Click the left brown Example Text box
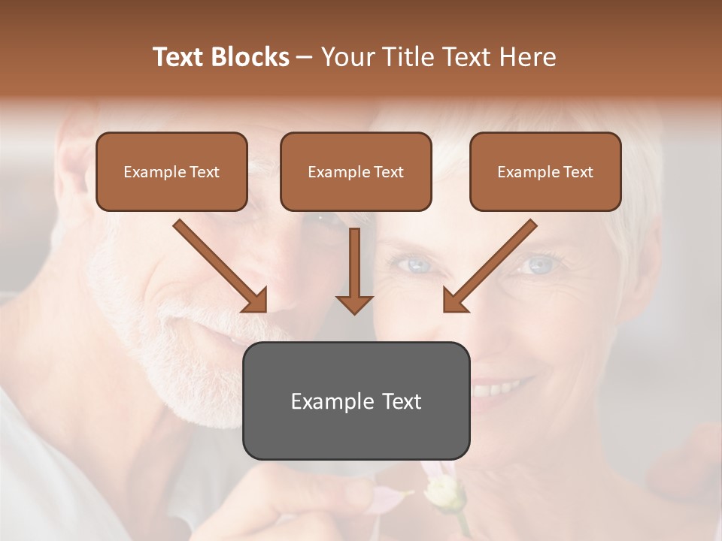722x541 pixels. click(171, 171)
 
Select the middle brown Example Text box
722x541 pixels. click(356, 171)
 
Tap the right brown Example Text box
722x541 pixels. click(545, 171)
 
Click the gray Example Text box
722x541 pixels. click(356, 400)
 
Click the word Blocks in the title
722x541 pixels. click(251, 57)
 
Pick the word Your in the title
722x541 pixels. click(347, 57)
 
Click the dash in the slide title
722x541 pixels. click(305, 57)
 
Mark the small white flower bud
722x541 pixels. click(439, 492)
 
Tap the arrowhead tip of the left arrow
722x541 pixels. click(263, 308)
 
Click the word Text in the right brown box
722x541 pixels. click(578, 171)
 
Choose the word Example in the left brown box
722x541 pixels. click(153, 171)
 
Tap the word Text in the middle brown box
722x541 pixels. click(389, 171)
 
